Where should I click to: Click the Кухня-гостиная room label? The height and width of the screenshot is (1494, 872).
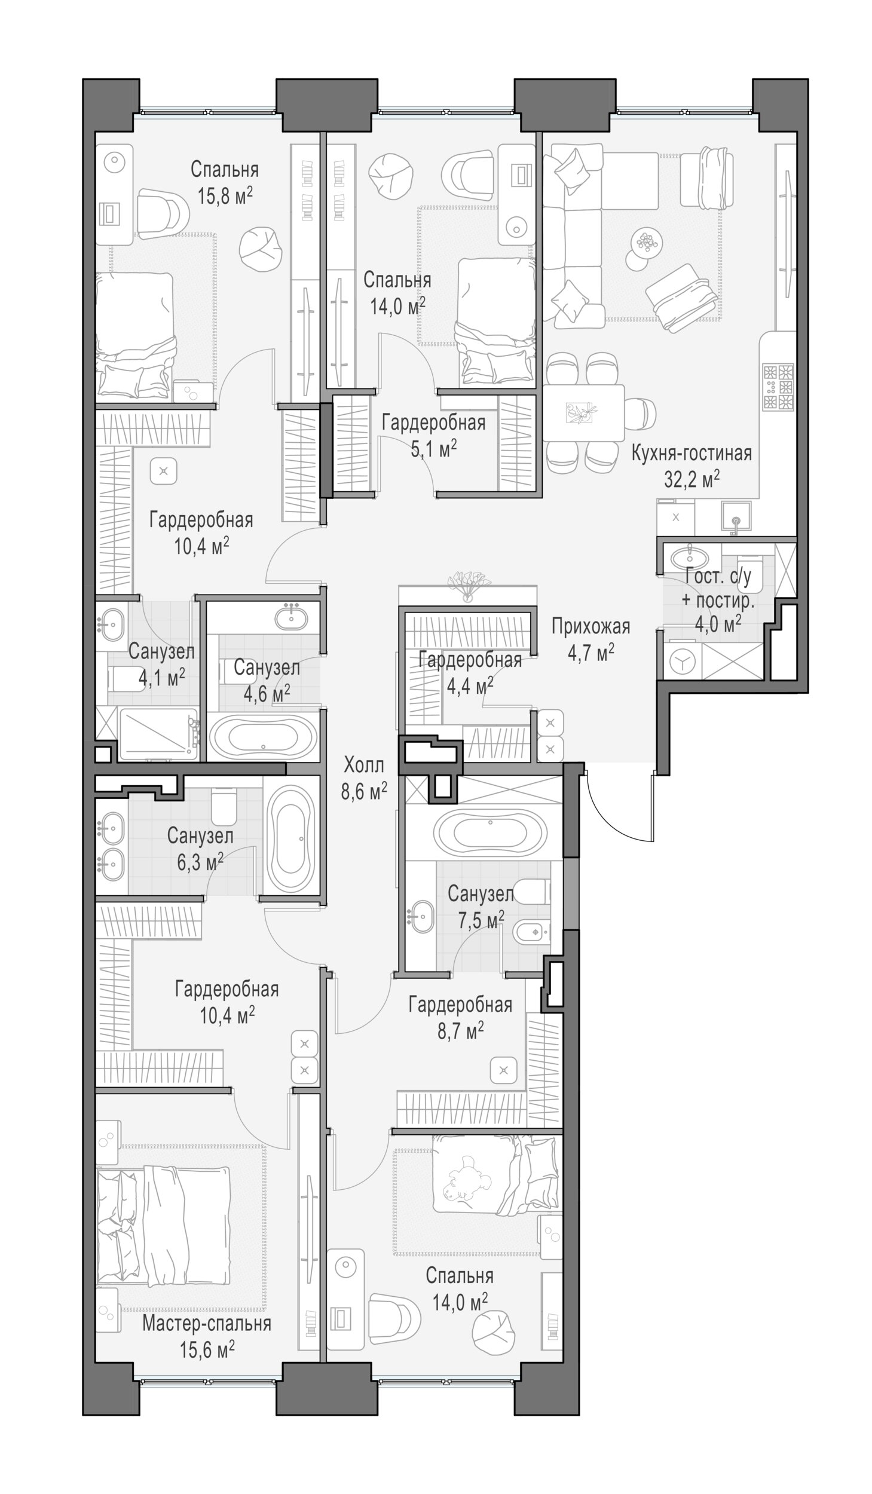click(691, 453)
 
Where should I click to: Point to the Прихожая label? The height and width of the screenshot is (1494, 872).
click(590, 626)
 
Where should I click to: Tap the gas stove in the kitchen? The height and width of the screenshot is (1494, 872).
click(778, 387)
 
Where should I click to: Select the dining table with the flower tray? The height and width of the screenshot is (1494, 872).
click(583, 412)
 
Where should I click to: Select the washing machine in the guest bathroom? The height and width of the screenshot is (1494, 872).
click(681, 661)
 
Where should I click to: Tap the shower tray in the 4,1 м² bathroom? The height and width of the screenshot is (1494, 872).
click(158, 733)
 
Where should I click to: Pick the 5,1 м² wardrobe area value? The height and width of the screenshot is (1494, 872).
click(433, 448)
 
